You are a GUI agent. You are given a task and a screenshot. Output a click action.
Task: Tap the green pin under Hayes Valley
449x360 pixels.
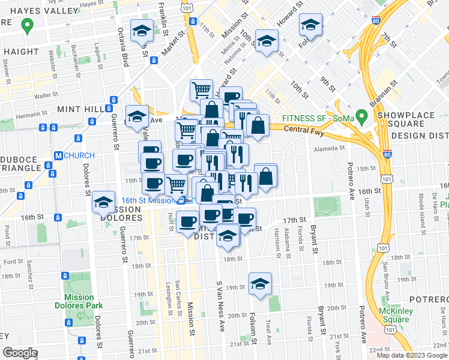[26, 26]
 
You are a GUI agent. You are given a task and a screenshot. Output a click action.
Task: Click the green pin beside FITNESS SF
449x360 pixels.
[361, 115]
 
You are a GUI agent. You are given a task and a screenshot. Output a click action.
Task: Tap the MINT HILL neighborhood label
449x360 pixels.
[80, 110]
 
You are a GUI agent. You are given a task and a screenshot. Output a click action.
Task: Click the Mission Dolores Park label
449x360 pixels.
[80, 301]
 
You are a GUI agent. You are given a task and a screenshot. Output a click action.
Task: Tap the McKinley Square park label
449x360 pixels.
[394, 315]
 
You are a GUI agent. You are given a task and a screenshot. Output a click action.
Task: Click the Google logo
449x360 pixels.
[20, 353]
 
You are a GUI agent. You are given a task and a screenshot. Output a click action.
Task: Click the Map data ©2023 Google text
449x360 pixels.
[411, 355]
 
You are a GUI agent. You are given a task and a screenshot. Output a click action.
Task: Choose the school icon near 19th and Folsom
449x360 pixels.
[261, 284]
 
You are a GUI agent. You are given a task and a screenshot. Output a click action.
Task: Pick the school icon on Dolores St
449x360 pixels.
[104, 203]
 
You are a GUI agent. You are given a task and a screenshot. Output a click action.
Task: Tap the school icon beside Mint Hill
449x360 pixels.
[137, 115]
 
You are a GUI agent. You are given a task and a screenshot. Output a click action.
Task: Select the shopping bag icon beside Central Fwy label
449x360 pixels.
[258, 125]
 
